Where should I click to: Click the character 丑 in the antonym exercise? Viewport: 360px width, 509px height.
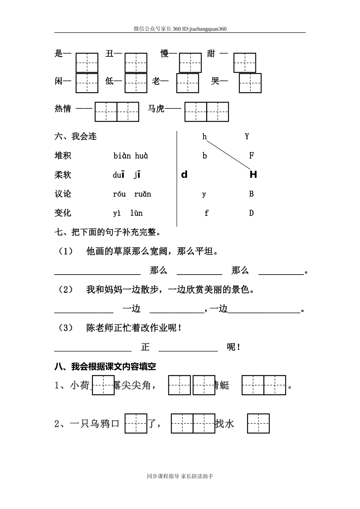(x=110, y=54)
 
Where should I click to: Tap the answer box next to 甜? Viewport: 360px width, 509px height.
(x=244, y=62)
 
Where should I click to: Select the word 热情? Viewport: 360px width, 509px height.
(x=63, y=109)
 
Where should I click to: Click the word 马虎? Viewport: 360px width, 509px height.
(x=156, y=109)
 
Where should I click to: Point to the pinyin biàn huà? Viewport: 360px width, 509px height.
(x=131, y=156)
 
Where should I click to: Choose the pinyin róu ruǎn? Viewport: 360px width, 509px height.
(x=132, y=194)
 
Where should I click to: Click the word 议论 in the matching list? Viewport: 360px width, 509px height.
(x=63, y=194)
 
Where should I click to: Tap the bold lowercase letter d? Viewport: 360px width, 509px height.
(x=185, y=175)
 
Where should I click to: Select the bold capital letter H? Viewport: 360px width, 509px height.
(x=253, y=175)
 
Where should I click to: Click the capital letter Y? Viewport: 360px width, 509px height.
(x=247, y=136)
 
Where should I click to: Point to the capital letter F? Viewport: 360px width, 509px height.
(x=251, y=155)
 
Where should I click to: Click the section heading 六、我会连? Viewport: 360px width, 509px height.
(x=76, y=136)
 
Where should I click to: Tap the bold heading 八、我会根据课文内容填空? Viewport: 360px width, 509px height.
(x=105, y=366)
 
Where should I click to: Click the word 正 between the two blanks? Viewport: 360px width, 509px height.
(x=145, y=347)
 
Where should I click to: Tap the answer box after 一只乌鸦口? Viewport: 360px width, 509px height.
(x=136, y=423)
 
